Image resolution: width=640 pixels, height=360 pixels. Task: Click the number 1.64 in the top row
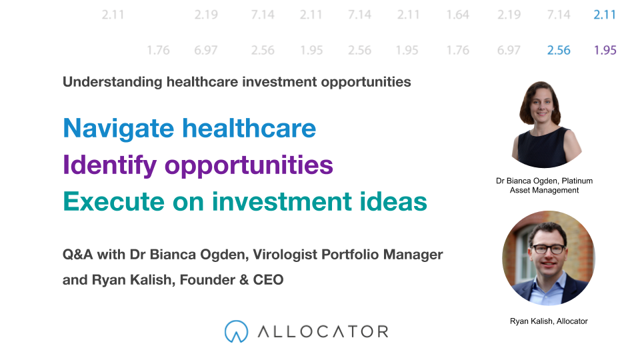tap(457, 15)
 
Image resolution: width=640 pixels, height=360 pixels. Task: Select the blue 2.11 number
tap(605, 15)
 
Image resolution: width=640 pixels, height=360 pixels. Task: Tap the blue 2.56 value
tap(559, 50)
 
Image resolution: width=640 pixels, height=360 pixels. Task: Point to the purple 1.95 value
tap(605, 50)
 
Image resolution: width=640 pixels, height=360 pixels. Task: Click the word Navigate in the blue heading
tap(119, 129)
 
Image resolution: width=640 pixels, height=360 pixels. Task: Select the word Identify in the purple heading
tap(110, 165)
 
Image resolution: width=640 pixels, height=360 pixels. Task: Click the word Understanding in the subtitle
tap(113, 82)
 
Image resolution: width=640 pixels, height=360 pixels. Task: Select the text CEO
tap(268, 279)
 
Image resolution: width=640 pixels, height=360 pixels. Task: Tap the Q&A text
tap(77, 254)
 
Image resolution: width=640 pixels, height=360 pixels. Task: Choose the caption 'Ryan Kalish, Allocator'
tap(549, 321)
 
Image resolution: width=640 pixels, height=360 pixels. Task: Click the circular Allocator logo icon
tap(236, 331)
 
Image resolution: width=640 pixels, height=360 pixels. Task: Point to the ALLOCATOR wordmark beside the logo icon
tap(323, 331)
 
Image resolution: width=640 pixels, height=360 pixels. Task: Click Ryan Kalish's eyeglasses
tap(548, 249)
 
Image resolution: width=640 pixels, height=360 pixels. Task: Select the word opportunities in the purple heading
tap(249, 165)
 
